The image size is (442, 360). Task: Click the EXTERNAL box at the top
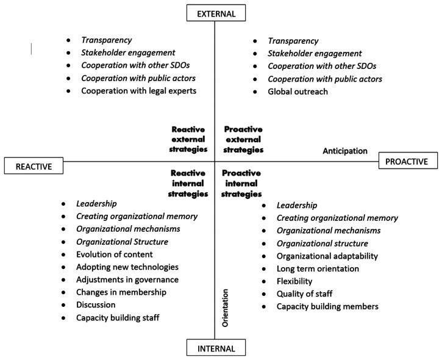coord(215,13)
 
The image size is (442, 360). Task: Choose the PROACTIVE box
coord(408,161)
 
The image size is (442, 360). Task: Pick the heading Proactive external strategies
coord(244,139)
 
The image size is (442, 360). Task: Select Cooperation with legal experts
coord(138,92)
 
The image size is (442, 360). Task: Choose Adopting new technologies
coord(127,267)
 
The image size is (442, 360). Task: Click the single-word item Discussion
coord(95,304)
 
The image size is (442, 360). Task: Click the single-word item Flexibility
coord(294,281)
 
